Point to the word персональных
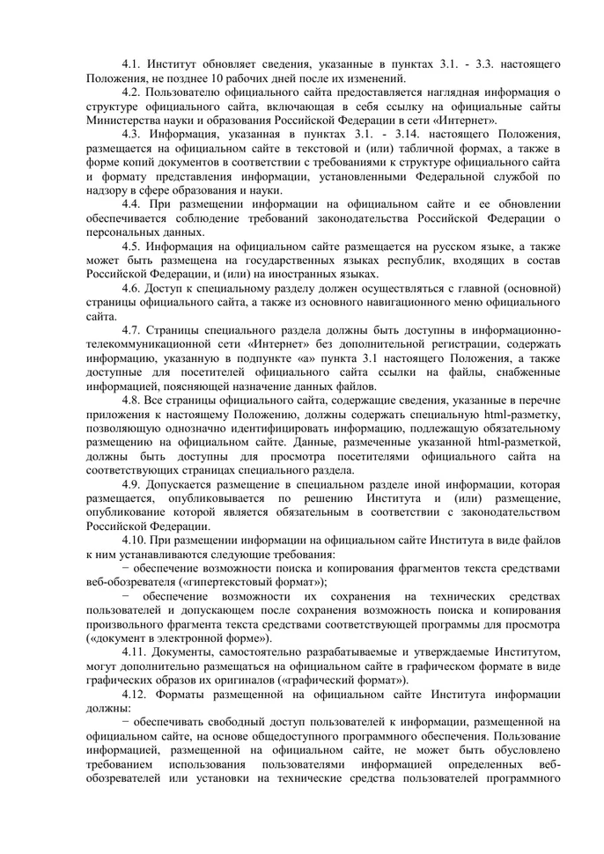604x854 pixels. [x=124, y=232]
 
